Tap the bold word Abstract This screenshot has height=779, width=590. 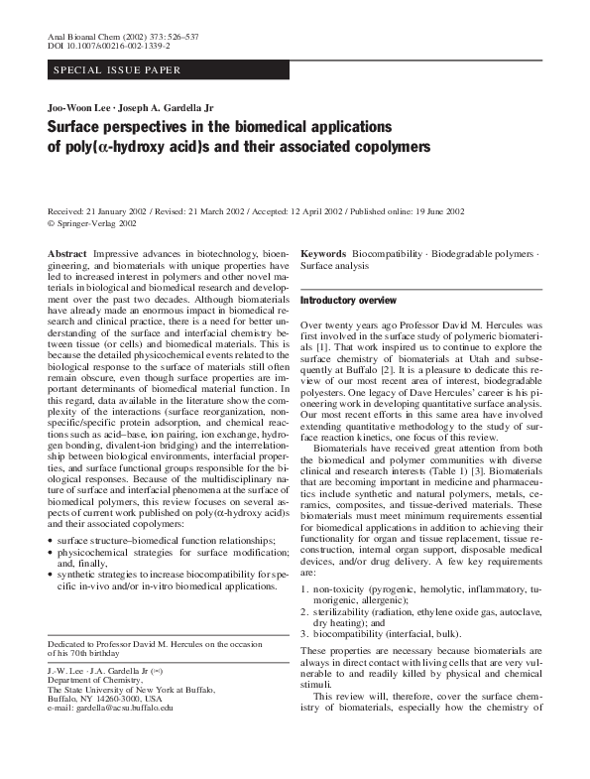pos(67,255)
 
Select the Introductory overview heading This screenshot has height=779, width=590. pos(348,300)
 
